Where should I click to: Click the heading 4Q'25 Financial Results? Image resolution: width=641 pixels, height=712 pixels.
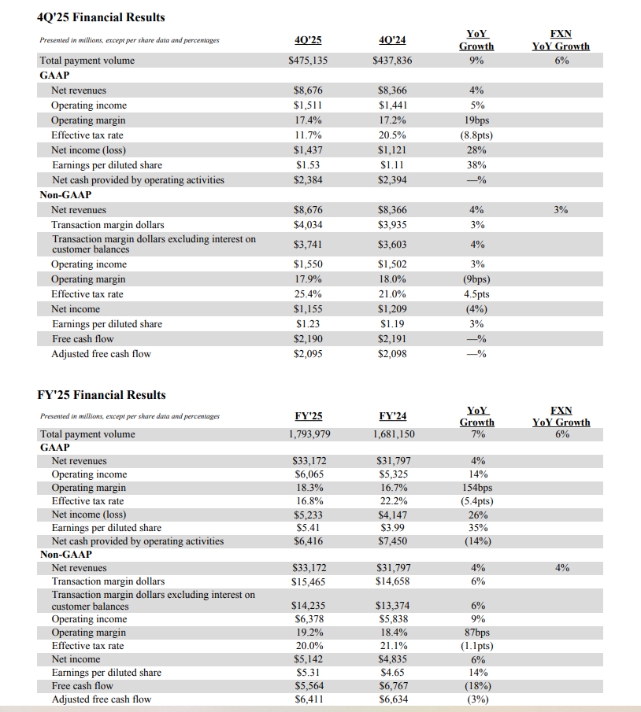pyautogui.click(x=101, y=17)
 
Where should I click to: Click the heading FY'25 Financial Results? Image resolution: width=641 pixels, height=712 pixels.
pyautogui.click(x=102, y=395)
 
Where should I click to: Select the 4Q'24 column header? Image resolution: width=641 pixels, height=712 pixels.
pyautogui.click(x=391, y=40)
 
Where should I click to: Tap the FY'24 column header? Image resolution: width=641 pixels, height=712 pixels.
pyautogui.click(x=393, y=415)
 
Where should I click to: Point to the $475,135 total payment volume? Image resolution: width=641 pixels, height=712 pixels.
pyautogui.click(x=307, y=61)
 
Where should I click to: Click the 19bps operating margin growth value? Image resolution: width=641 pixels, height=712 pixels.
pyautogui.click(x=476, y=120)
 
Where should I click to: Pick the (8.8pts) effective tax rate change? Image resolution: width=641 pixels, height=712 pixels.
pyautogui.click(x=476, y=135)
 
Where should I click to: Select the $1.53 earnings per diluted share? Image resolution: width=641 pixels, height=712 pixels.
pyautogui.click(x=308, y=165)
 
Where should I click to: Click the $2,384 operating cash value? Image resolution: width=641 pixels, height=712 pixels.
pyautogui.click(x=307, y=180)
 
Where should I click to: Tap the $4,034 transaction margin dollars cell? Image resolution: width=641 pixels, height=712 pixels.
pyautogui.click(x=307, y=225)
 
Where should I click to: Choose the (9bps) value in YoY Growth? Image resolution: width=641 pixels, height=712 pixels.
pyautogui.click(x=476, y=279)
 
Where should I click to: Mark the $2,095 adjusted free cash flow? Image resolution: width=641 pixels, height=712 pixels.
pyautogui.click(x=307, y=354)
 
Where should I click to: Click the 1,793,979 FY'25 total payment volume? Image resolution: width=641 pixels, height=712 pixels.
pyautogui.click(x=307, y=434)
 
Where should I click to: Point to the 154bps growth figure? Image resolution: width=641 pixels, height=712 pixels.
pyautogui.click(x=477, y=488)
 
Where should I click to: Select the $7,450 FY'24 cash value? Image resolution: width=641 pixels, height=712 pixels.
pyautogui.click(x=394, y=541)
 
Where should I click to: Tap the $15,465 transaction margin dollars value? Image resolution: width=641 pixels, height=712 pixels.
pyautogui.click(x=307, y=582)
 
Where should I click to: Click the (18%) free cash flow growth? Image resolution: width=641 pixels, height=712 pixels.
pyautogui.click(x=477, y=686)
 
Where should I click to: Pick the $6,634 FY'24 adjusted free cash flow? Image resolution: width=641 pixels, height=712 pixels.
pyautogui.click(x=394, y=699)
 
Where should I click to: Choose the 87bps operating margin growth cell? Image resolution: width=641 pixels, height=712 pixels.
pyautogui.click(x=477, y=633)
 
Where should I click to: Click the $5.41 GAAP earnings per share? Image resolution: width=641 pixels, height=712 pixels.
pyautogui.click(x=308, y=528)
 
